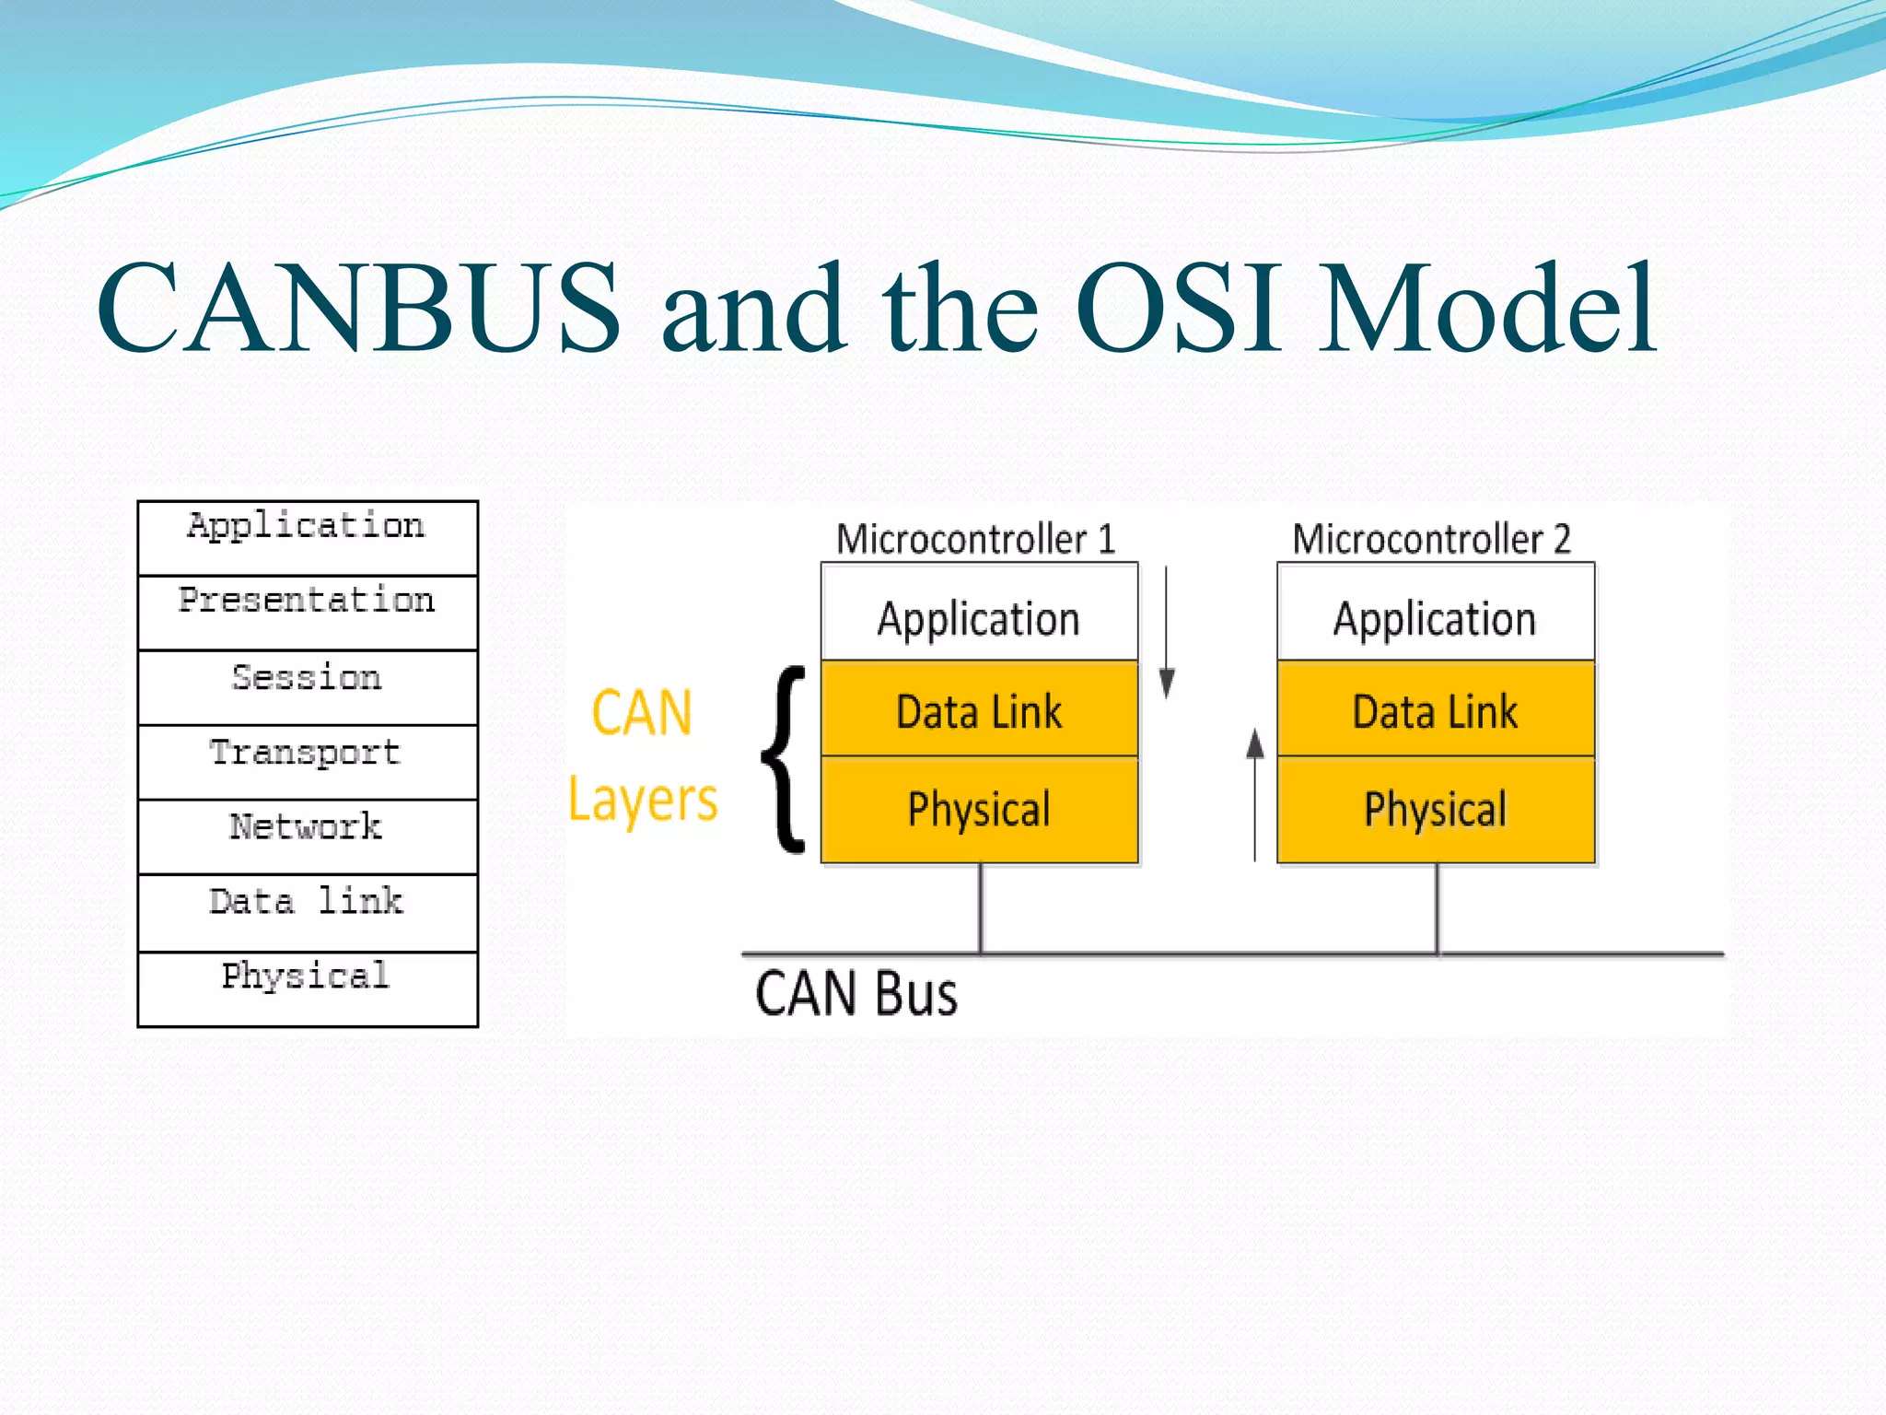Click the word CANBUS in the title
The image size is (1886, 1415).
point(359,309)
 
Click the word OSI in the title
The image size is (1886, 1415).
point(1179,309)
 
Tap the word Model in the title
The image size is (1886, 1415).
point(1487,309)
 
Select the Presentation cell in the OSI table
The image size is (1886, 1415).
point(308,613)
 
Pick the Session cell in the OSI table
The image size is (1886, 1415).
point(308,687)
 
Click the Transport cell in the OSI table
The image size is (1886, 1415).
point(308,762)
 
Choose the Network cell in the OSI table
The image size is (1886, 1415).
point(308,836)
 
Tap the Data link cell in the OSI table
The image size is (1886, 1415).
point(308,912)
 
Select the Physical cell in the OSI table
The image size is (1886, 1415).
point(308,988)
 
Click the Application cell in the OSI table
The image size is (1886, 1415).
point(308,538)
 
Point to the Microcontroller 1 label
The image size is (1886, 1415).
point(975,539)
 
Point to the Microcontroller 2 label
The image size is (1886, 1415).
point(1431,539)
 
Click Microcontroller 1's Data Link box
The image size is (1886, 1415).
point(979,709)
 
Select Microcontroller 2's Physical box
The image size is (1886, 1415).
point(1436,810)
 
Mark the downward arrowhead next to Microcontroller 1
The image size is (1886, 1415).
point(1167,683)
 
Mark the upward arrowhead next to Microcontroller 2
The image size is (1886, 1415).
point(1254,743)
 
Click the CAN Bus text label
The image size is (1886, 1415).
point(856,994)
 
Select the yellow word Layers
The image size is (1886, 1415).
point(643,800)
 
